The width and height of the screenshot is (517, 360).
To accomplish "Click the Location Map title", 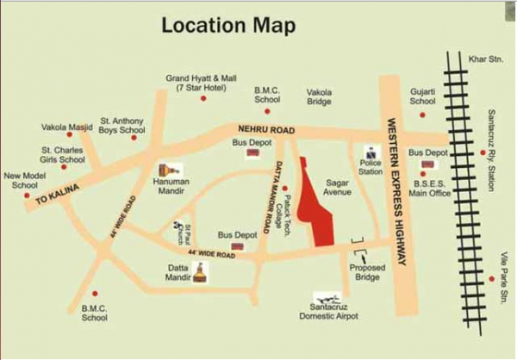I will [228, 25].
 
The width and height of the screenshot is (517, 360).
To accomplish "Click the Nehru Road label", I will [265, 129].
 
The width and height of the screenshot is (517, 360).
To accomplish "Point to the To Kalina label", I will [57, 197].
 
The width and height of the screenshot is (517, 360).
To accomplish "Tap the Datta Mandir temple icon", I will [200, 273].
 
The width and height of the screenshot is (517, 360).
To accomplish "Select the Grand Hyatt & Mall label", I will [200, 83].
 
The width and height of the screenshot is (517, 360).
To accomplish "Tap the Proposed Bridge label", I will [366, 273].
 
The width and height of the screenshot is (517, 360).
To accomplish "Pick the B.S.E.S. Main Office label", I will [431, 189].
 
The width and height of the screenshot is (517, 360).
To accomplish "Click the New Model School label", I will [22, 180].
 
